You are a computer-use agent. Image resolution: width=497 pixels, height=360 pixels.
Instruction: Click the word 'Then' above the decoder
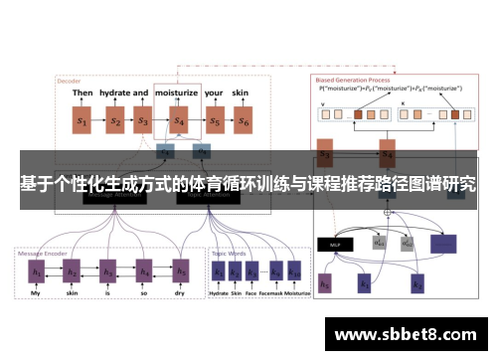83,92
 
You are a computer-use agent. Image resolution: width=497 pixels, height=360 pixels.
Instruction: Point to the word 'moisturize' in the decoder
177,92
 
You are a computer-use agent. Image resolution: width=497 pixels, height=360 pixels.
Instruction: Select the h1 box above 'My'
36,270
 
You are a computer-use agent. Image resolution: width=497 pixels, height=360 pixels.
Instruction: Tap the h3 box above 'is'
107,270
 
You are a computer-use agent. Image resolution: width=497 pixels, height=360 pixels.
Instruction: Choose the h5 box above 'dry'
180,270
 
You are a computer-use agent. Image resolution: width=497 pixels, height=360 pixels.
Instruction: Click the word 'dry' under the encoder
180,294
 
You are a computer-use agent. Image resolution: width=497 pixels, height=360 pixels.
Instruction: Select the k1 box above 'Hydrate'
218,270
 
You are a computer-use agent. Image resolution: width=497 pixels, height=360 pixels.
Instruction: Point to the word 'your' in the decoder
214,92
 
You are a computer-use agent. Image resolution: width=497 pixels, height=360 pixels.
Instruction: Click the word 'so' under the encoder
144,294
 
